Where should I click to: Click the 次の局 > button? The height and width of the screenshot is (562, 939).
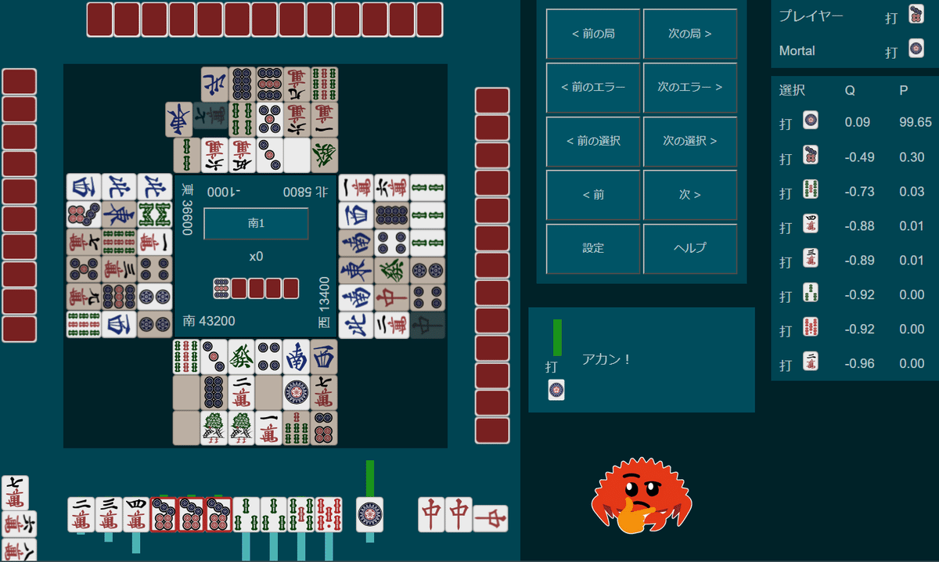(x=689, y=34)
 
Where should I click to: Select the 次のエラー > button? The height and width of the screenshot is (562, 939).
(x=689, y=88)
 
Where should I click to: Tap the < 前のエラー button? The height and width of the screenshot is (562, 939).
(x=593, y=88)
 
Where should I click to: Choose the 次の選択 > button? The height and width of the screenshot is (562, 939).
(x=689, y=141)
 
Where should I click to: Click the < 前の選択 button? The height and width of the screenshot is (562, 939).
(x=593, y=141)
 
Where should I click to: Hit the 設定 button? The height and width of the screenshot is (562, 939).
(x=593, y=247)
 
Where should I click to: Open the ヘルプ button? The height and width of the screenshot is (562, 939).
(x=689, y=247)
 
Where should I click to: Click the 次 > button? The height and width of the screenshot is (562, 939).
(x=689, y=194)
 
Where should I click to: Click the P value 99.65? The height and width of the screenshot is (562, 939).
(x=915, y=122)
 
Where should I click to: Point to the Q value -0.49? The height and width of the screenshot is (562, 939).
(x=859, y=157)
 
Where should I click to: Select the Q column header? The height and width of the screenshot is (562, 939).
(x=850, y=90)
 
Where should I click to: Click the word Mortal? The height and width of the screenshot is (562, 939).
(x=797, y=51)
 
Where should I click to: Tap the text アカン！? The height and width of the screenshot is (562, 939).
(x=606, y=359)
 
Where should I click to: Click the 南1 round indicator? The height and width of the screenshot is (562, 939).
(x=256, y=223)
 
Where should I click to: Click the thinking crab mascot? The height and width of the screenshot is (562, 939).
(x=641, y=497)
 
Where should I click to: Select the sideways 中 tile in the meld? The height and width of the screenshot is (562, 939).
(x=491, y=517)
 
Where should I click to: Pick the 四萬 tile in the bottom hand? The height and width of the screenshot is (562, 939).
(x=136, y=514)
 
